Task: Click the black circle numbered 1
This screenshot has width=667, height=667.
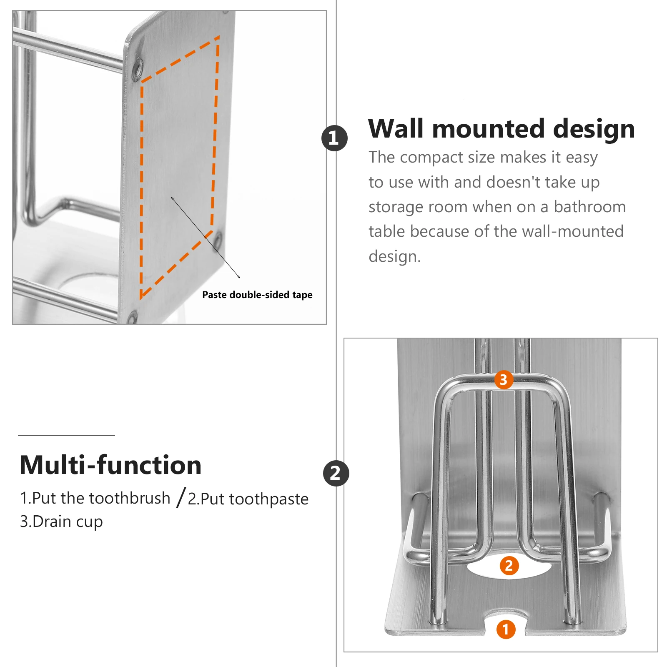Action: tap(334, 138)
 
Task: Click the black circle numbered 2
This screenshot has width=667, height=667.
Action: tap(336, 473)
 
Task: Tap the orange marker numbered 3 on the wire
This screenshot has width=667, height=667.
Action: tap(504, 380)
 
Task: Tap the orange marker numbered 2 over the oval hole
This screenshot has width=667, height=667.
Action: tap(509, 566)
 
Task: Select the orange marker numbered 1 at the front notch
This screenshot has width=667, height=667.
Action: tap(506, 629)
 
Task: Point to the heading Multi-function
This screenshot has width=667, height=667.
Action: tap(110, 465)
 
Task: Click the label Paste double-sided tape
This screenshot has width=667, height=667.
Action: tap(257, 295)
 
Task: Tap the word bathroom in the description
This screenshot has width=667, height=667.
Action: tap(589, 207)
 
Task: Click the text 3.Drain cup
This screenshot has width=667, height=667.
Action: tap(61, 522)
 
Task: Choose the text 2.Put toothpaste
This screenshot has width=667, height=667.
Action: tap(248, 499)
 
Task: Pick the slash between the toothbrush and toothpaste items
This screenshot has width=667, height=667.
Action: tap(181, 498)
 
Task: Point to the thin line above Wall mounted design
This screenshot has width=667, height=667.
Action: tap(415, 99)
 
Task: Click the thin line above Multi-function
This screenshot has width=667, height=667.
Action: tap(66, 435)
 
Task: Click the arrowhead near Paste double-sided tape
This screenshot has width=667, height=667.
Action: tap(239, 277)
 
